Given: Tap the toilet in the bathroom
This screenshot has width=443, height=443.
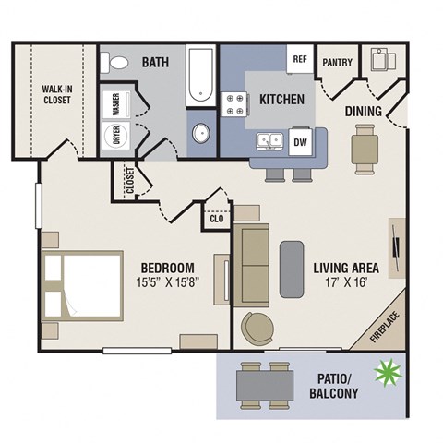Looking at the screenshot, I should coord(118,63).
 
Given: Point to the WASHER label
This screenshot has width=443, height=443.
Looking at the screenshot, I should coord(117,105).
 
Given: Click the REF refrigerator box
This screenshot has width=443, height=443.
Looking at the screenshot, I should coord(299,59).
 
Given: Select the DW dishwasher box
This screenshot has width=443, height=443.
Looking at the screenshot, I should coord(300,142).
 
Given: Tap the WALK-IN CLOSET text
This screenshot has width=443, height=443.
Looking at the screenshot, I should coord(54,95).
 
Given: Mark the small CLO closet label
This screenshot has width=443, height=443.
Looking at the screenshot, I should coord(217,220).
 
